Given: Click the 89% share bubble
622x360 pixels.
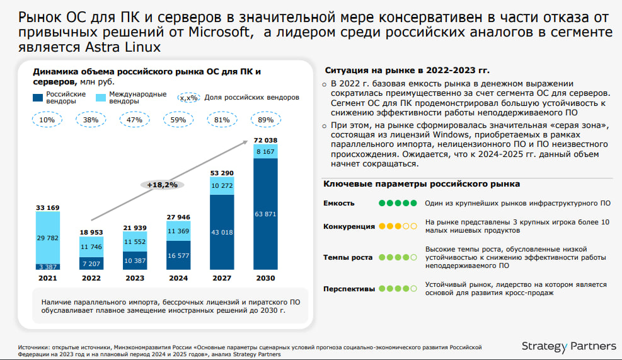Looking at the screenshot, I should pos(265,119).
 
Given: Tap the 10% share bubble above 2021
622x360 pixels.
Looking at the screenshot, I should pos(47,119).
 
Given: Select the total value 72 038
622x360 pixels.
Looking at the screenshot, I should pos(265,139).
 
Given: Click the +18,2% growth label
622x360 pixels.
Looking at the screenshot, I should pos(161,185).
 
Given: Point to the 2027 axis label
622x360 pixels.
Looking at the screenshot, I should pos(222,277).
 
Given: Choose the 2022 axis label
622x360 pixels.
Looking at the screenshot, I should pos(91,277).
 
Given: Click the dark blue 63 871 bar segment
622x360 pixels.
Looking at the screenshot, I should pos(265,214).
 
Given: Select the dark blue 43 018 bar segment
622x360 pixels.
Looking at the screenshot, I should pos(222,233).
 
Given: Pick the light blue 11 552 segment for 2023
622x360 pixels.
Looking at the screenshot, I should pos(135,241).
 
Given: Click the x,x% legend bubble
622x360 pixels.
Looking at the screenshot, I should pos(188,98).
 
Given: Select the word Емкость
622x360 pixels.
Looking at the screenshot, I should pos(339,203).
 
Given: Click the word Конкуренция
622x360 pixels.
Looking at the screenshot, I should pos(349,226).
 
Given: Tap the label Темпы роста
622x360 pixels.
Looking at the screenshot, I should pos(348,257).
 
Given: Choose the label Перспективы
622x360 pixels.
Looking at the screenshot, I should pos(350,289).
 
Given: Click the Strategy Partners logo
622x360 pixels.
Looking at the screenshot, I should pos(569,346).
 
